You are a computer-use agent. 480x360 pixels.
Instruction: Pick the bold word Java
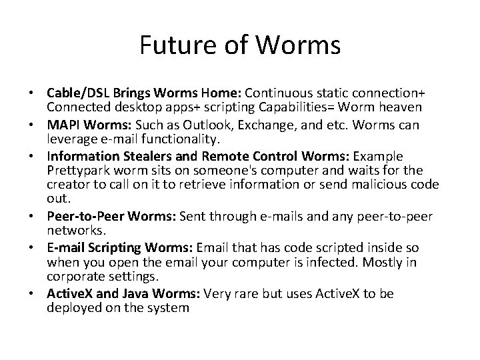tap(127, 293)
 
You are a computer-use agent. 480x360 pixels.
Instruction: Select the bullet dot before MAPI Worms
tap(38, 125)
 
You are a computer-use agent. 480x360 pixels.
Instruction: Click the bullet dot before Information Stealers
tap(38, 156)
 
